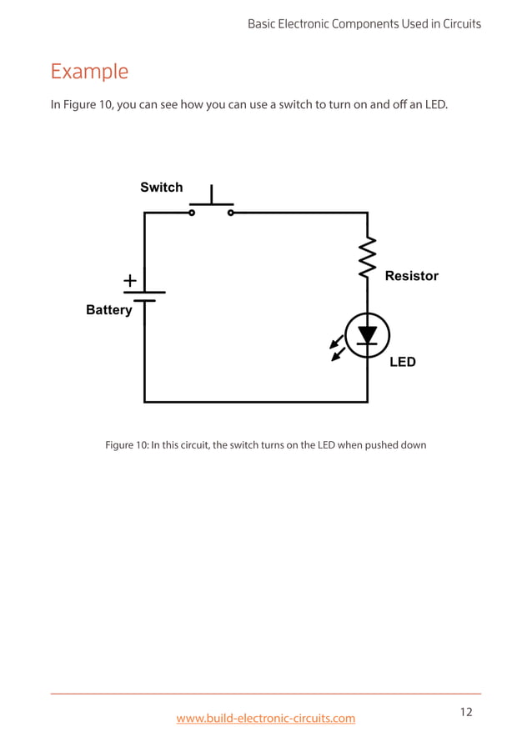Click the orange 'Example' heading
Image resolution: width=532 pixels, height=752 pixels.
(x=89, y=72)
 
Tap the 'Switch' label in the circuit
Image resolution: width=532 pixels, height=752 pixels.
(x=161, y=188)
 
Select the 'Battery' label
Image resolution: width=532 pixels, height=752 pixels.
(x=108, y=310)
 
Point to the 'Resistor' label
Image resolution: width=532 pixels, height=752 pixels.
(x=411, y=276)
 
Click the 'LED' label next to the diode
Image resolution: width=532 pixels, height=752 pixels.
(x=402, y=362)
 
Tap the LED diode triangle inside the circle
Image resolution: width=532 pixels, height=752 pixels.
(x=367, y=334)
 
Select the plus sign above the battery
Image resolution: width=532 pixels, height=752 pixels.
(x=131, y=282)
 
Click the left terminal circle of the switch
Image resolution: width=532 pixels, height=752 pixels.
(x=192, y=213)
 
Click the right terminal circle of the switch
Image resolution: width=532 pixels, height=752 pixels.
(x=231, y=213)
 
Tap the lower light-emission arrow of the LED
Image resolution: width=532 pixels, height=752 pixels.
(x=338, y=355)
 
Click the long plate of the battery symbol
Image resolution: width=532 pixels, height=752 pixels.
(x=144, y=293)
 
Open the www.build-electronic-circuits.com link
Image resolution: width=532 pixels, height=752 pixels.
(x=265, y=718)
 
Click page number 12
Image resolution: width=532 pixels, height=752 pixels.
(x=465, y=711)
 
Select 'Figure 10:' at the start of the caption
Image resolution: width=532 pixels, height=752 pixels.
(x=127, y=445)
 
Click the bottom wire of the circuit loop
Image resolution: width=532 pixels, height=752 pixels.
(x=255, y=402)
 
